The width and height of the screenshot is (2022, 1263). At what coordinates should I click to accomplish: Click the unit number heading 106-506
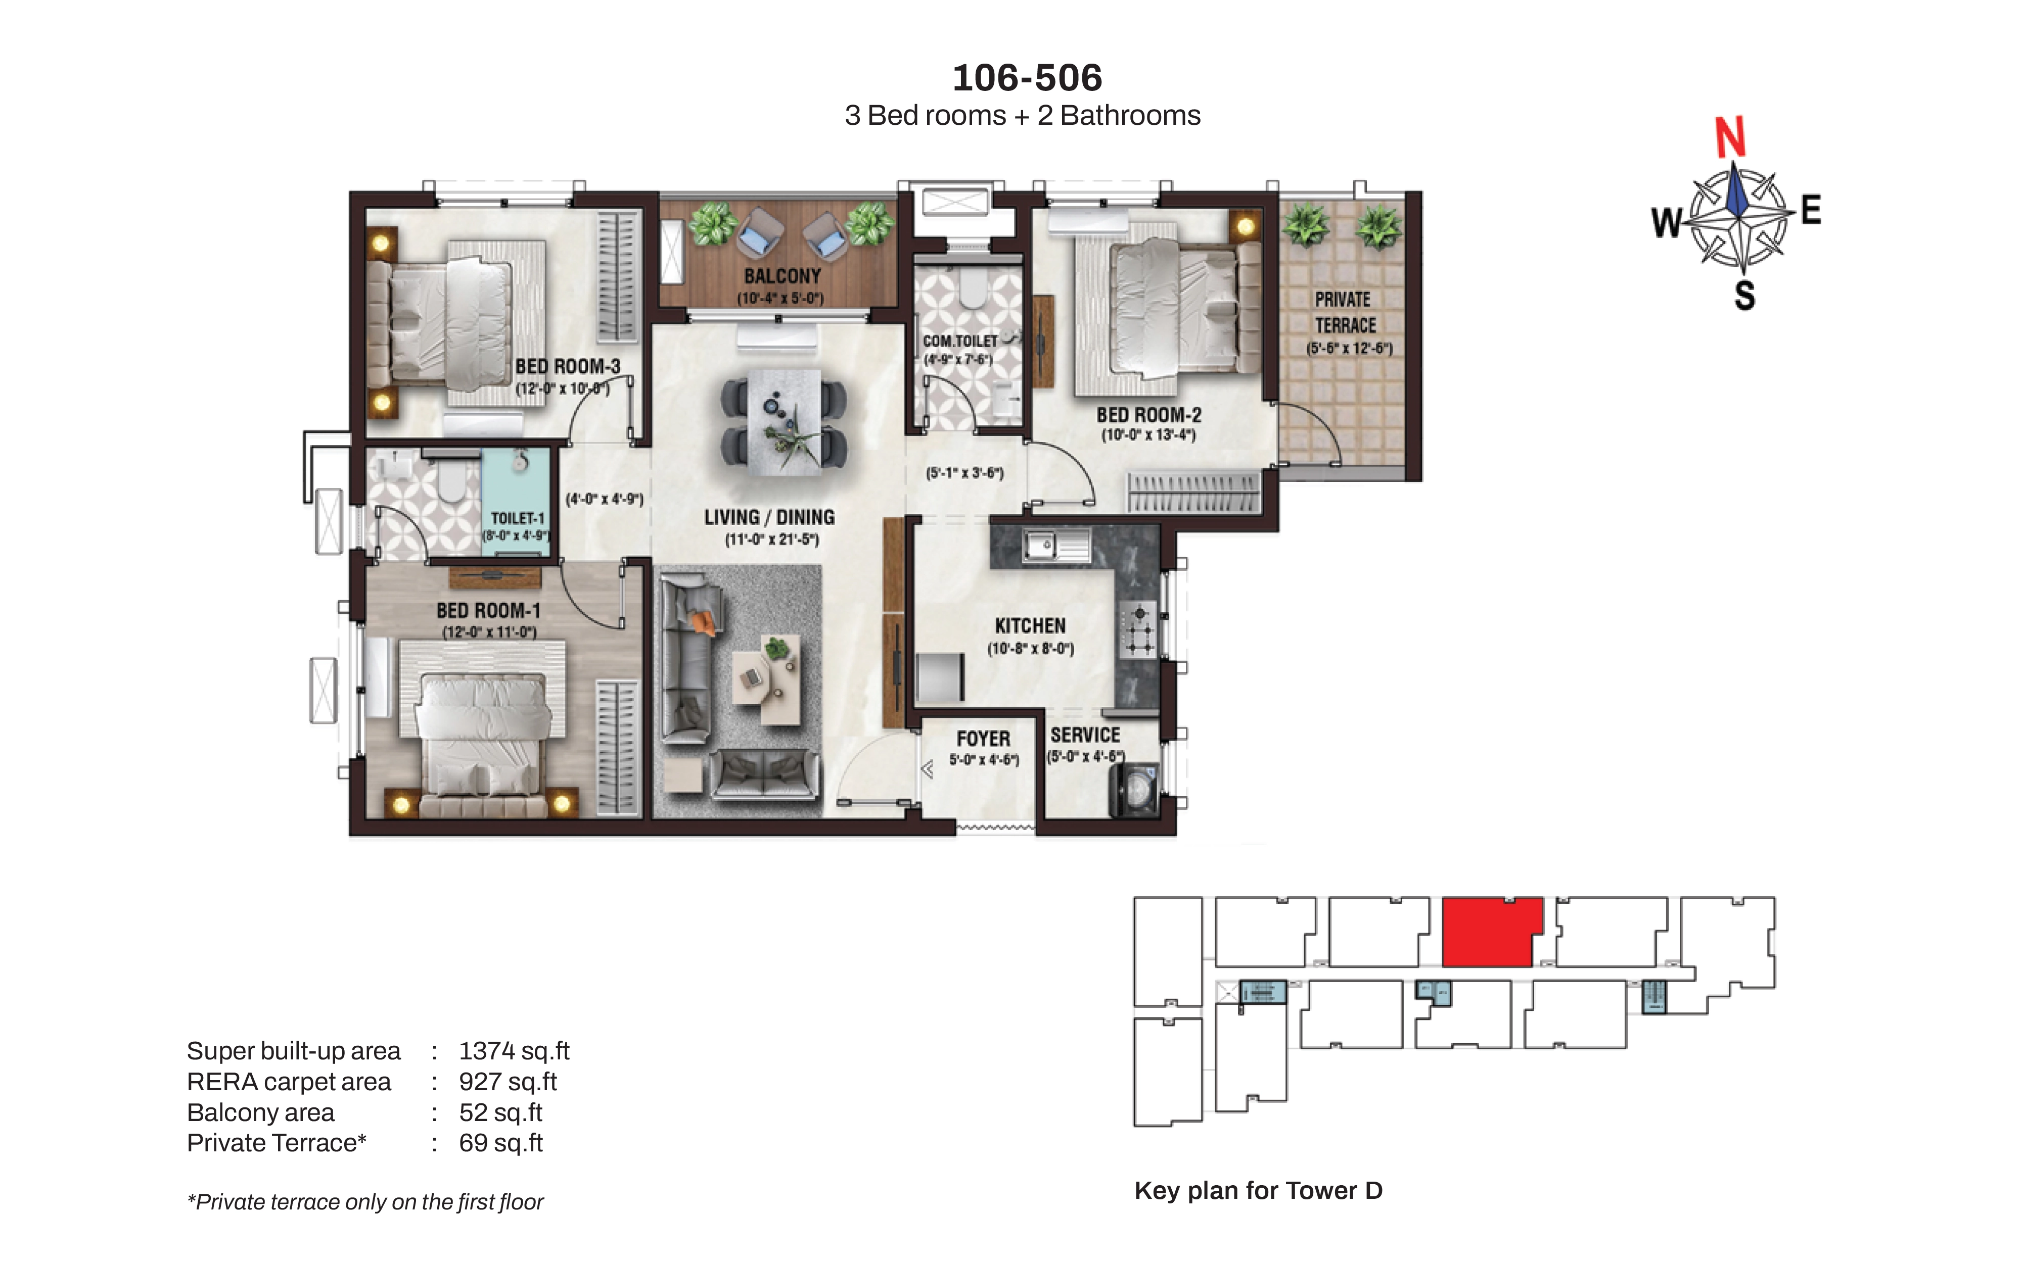coord(1027,78)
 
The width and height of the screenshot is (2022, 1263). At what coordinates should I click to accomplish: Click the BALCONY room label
coord(782,276)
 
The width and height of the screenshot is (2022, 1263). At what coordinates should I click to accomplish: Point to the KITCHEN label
coord(1030,625)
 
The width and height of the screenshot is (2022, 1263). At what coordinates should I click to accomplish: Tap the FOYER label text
coord(983,739)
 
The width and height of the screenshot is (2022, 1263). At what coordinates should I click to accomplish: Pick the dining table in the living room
coord(784,422)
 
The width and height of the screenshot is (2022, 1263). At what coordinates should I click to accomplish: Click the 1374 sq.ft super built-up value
coord(514,1051)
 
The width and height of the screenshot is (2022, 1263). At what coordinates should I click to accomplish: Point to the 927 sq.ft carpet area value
coord(507,1082)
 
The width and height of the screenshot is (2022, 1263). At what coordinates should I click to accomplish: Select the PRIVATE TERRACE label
coord(1345,312)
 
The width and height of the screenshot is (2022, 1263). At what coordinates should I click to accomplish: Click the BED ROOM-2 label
coord(1149,415)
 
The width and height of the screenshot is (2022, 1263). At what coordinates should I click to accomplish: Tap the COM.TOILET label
coord(960,341)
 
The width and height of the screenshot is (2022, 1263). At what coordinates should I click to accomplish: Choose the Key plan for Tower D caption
coord(1258,1190)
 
